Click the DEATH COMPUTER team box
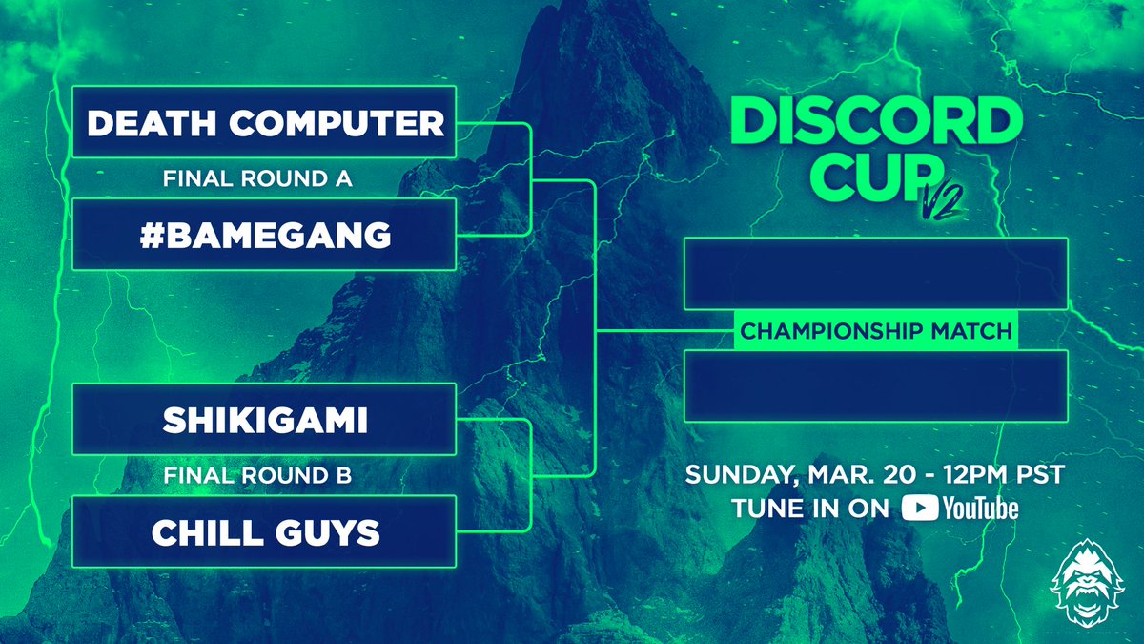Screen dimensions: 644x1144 pyautogui.click(x=264, y=122)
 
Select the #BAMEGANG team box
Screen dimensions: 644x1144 pyautogui.click(x=264, y=235)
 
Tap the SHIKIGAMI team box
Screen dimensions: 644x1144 pyautogui.click(x=264, y=420)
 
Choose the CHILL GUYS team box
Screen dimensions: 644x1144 pyautogui.click(x=264, y=531)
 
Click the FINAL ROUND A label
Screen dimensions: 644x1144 pyautogui.click(x=264, y=178)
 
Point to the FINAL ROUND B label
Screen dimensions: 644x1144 pyautogui.click(x=264, y=476)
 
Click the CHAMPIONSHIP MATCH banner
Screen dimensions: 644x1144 pyautogui.click(x=876, y=331)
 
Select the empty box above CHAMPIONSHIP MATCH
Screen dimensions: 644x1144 pyautogui.click(x=876, y=274)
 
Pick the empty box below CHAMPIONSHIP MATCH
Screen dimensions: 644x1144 pyautogui.click(x=876, y=385)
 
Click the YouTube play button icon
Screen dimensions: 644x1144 pyautogui.click(x=919, y=509)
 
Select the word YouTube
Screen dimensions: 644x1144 pyautogui.click(x=980, y=509)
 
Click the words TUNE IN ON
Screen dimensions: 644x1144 pyautogui.click(x=812, y=509)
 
